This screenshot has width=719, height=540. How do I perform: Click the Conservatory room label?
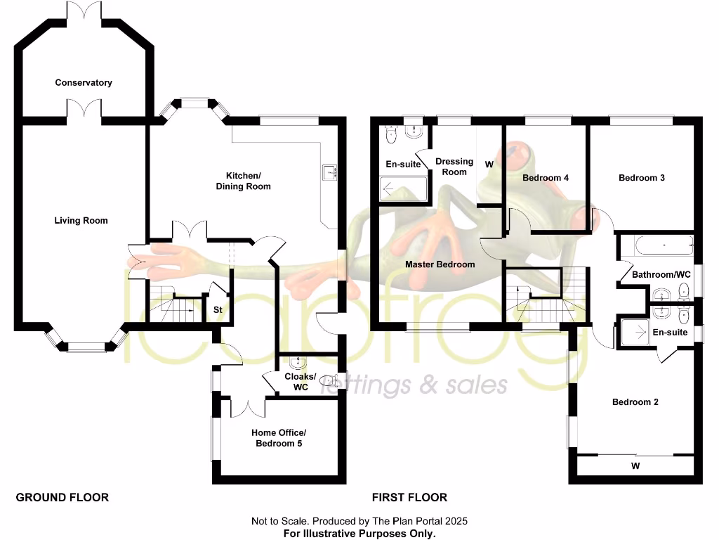click(84, 83)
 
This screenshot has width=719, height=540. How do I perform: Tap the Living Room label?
click(81, 221)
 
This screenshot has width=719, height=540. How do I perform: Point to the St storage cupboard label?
click(218, 309)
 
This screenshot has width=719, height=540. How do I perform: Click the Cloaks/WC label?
click(301, 382)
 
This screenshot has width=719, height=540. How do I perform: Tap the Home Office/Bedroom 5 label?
click(279, 438)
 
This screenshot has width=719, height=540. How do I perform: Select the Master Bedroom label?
click(440, 264)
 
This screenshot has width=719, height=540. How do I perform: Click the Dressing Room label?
click(454, 167)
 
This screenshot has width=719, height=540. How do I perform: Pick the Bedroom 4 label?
click(546, 178)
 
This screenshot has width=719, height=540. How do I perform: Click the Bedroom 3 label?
click(641, 178)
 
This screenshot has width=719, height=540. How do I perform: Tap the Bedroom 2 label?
click(635, 402)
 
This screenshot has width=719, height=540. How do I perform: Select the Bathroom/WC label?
click(661, 274)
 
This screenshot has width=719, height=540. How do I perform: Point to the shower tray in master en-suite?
click(403, 188)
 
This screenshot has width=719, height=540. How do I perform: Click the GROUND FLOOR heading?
click(62, 498)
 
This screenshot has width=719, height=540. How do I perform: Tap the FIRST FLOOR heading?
click(409, 498)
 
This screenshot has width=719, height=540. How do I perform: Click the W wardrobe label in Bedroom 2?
click(635, 466)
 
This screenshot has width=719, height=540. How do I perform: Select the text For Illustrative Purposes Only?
click(359, 534)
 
